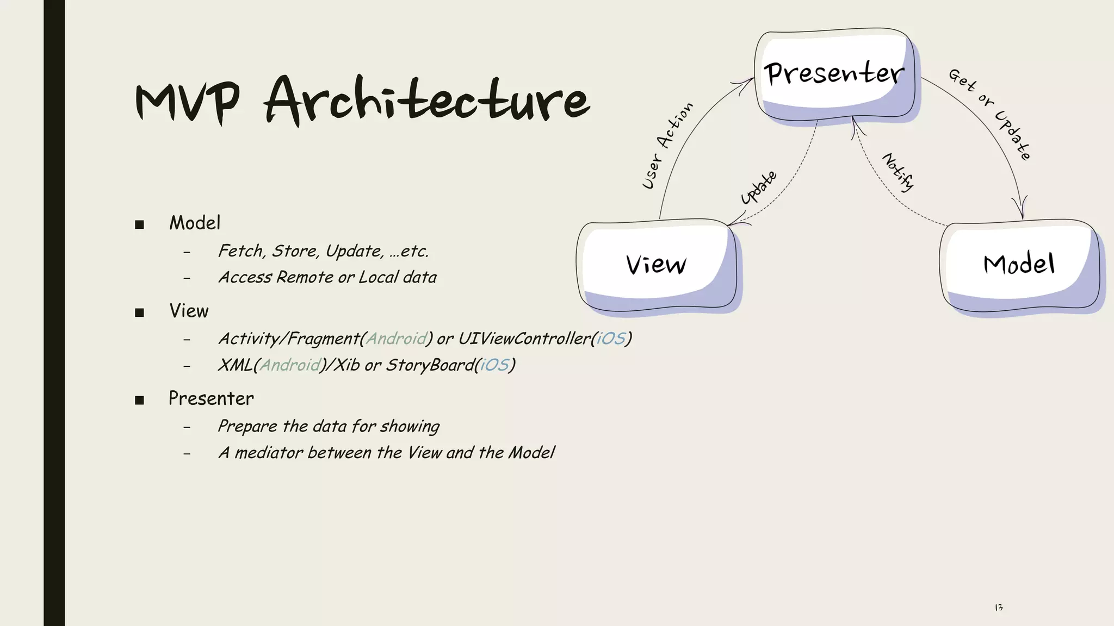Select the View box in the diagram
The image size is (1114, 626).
(657, 265)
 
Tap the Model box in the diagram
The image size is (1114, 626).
(1019, 265)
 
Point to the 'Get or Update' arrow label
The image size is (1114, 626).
(990, 114)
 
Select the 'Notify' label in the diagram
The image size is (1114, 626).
(898, 172)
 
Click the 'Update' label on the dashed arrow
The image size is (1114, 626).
(759, 187)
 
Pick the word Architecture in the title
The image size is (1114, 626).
(427, 101)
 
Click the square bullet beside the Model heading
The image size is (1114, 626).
(139, 224)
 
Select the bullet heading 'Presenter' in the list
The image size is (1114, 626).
(211, 398)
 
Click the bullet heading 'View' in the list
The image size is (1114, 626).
(189, 311)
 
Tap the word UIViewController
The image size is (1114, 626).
(524, 339)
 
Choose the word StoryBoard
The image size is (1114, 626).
(430, 365)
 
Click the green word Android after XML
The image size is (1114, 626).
(290, 365)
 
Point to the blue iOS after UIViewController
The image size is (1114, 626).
(611, 339)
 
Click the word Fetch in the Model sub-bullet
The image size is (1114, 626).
(242, 251)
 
